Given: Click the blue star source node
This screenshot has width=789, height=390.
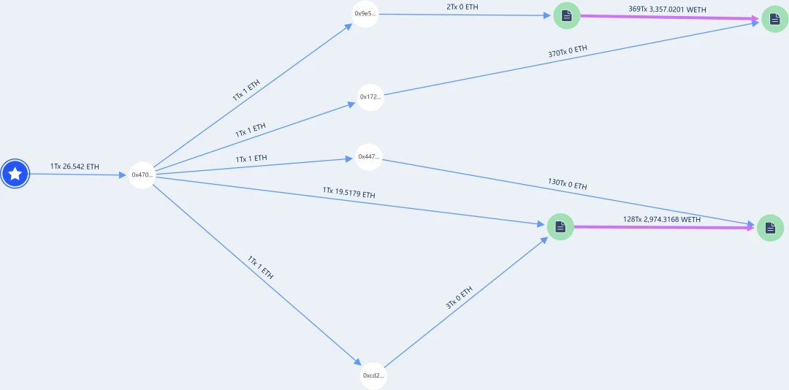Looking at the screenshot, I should [x=15, y=174].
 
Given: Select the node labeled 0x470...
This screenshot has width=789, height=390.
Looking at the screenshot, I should [x=142, y=175].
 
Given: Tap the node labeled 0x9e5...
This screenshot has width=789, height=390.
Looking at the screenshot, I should [x=365, y=14].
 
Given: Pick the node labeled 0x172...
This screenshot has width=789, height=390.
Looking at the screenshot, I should [x=370, y=97].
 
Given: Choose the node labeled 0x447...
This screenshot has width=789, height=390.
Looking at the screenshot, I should [x=369, y=156].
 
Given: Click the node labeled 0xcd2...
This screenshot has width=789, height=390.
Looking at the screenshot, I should [x=373, y=375].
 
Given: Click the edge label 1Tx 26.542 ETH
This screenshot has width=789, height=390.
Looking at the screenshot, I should [x=75, y=167].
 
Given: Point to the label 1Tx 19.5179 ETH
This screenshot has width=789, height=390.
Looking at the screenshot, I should [x=349, y=193].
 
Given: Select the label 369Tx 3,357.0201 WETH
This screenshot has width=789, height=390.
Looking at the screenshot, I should [x=667, y=9].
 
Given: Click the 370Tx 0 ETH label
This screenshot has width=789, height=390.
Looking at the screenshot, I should [x=568, y=52].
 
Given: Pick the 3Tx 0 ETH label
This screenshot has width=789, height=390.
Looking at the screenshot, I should [x=460, y=297].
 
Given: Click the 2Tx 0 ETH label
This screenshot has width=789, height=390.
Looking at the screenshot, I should [x=462, y=7].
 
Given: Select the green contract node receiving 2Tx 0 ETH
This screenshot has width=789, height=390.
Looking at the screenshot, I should [x=566, y=15].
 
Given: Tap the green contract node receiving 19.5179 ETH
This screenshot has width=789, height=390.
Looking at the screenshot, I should [x=560, y=227].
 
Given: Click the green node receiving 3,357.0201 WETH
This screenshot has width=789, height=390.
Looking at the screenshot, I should [x=774, y=18].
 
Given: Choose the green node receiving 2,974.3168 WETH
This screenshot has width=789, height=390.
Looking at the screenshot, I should [x=770, y=228].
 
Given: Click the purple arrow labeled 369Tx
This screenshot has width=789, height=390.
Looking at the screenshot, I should [x=668, y=18].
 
